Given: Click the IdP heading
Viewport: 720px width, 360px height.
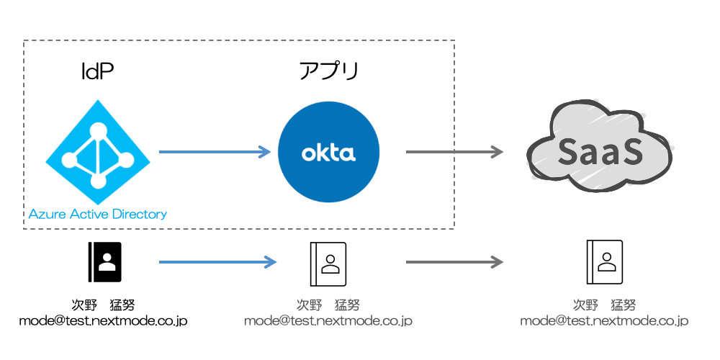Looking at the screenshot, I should point(97,71).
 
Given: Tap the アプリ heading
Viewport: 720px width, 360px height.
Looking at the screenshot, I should point(328,71).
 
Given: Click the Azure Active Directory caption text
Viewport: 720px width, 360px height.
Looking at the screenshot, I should point(98,214).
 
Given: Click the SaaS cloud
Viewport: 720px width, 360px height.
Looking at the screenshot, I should point(599,150).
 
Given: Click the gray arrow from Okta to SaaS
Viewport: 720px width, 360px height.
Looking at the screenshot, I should point(454,151).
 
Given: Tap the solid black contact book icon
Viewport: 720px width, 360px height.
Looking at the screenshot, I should point(105,261).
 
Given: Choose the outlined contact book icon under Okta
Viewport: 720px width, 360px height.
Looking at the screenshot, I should point(328,261).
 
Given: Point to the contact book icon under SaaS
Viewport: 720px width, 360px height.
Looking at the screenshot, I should point(605,261).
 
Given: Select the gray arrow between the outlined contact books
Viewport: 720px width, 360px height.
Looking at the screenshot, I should point(454,261).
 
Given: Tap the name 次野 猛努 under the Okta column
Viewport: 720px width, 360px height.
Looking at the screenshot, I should point(328,304).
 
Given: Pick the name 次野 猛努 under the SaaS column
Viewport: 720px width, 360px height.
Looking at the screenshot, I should point(605,304).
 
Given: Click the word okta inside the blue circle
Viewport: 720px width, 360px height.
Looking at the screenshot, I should point(328,153).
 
